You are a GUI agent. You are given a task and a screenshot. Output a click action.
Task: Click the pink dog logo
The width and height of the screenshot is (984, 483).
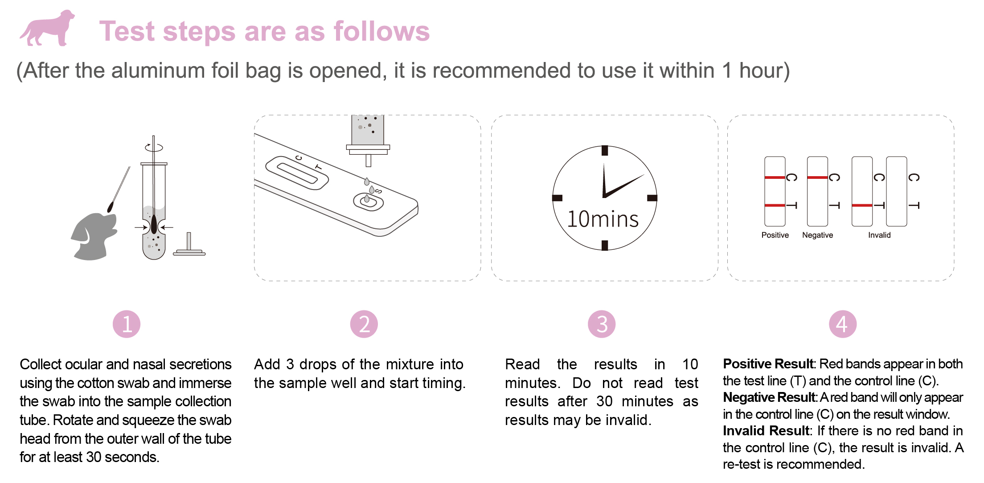pos(47,28)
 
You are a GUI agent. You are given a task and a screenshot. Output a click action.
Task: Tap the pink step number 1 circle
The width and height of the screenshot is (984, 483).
pos(127,324)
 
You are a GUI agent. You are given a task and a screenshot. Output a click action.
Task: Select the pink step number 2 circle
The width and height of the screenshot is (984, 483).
pos(364,324)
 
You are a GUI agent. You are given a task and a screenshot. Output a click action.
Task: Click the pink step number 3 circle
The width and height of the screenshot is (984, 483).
pos(602,324)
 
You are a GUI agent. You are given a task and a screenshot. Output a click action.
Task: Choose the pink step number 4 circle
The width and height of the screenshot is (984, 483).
pos(843,324)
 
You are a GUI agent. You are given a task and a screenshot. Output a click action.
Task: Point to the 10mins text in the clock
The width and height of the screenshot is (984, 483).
pos(603,219)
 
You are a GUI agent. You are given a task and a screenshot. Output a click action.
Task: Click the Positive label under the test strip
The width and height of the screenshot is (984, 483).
pos(775,235)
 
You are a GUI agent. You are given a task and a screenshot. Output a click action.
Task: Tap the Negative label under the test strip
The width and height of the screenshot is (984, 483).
pos(817,235)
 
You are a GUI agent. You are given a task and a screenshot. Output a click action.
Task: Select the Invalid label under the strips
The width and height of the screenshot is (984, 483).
pos(879,235)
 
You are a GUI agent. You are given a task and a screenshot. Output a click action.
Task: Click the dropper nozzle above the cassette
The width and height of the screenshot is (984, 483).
pos(368,161)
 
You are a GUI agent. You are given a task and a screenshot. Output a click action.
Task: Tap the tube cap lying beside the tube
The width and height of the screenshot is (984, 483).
pos(189,245)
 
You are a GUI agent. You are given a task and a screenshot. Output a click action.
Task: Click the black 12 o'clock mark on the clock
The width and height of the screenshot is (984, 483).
pos(605,150)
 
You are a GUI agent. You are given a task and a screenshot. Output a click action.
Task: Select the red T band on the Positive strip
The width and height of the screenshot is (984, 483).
pos(775,205)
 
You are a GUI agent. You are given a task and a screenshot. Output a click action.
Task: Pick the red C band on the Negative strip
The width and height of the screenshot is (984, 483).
pos(817,178)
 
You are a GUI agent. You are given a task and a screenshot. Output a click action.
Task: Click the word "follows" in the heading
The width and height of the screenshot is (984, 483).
pos(382,31)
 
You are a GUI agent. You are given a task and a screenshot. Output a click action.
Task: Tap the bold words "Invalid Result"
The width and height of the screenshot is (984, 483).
pos(766,431)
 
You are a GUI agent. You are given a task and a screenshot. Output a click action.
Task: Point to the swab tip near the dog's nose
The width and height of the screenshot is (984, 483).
pos(111,207)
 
